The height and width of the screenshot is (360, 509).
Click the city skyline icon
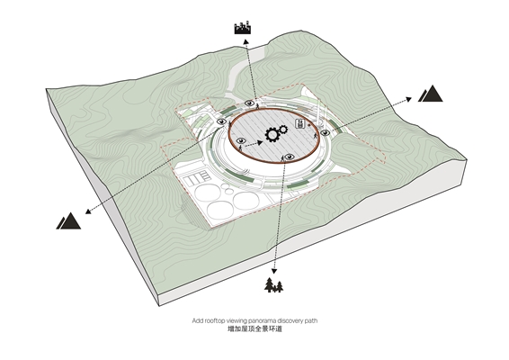243,28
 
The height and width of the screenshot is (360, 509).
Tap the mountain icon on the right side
431,94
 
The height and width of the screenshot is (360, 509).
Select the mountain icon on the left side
68,220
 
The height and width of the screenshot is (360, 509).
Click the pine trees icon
274,285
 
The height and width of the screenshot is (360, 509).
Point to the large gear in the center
272,134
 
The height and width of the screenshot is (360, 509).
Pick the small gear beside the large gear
283,130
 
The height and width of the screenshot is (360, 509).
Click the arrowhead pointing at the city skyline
246,41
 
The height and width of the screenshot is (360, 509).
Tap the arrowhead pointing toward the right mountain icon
408,99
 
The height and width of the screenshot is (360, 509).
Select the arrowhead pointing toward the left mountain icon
88,211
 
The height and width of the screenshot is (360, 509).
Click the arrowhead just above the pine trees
274,271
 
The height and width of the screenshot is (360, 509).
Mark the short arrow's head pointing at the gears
260,142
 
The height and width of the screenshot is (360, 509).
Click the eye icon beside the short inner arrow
241,140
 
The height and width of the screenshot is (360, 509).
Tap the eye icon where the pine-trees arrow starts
290,157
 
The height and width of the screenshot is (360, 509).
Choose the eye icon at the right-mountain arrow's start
325,132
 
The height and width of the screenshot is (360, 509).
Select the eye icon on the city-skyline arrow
249,103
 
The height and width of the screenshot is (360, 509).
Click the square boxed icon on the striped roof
300,123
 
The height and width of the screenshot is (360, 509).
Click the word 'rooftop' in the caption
214,320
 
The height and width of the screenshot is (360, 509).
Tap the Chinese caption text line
254,328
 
